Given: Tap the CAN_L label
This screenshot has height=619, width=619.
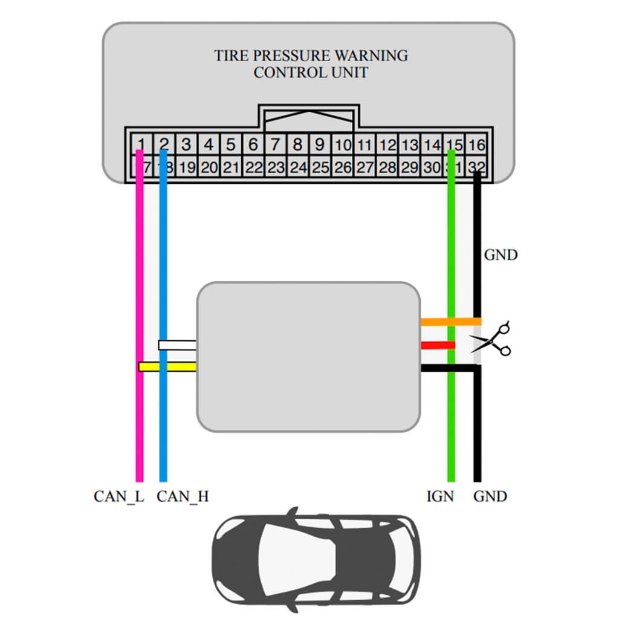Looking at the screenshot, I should pyautogui.click(x=118, y=496).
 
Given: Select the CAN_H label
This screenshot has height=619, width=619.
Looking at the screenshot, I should pyautogui.click(x=183, y=496).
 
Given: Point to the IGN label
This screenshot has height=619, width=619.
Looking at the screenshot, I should pyautogui.click(x=439, y=496).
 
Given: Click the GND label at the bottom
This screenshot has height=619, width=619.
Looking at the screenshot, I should pyautogui.click(x=490, y=496).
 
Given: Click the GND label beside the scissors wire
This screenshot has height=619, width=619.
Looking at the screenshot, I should pyautogui.click(x=501, y=254).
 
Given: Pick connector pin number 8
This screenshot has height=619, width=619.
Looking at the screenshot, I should pyautogui.click(x=297, y=145).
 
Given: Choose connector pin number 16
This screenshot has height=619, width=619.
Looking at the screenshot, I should pyautogui.click(x=477, y=145).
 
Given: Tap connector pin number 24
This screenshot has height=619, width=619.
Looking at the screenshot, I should pyautogui.click(x=298, y=167).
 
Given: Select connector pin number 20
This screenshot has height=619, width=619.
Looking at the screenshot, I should pyautogui.click(x=209, y=167).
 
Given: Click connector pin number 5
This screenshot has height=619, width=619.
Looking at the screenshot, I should pyautogui.click(x=231, y=145).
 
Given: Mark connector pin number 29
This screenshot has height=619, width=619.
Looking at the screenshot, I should pyautogui.click(x=410, y=167).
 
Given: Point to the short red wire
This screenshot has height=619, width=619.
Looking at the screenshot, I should pyautogui.click(x=438, y=345).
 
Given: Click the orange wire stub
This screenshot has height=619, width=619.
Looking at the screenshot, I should pyautogui.click(x=450, y=322).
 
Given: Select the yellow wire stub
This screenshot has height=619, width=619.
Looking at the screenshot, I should pyautogui.click(x=167, y=366).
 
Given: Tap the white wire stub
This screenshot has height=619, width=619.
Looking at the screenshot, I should pyautogui.click(x=177, y=345).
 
